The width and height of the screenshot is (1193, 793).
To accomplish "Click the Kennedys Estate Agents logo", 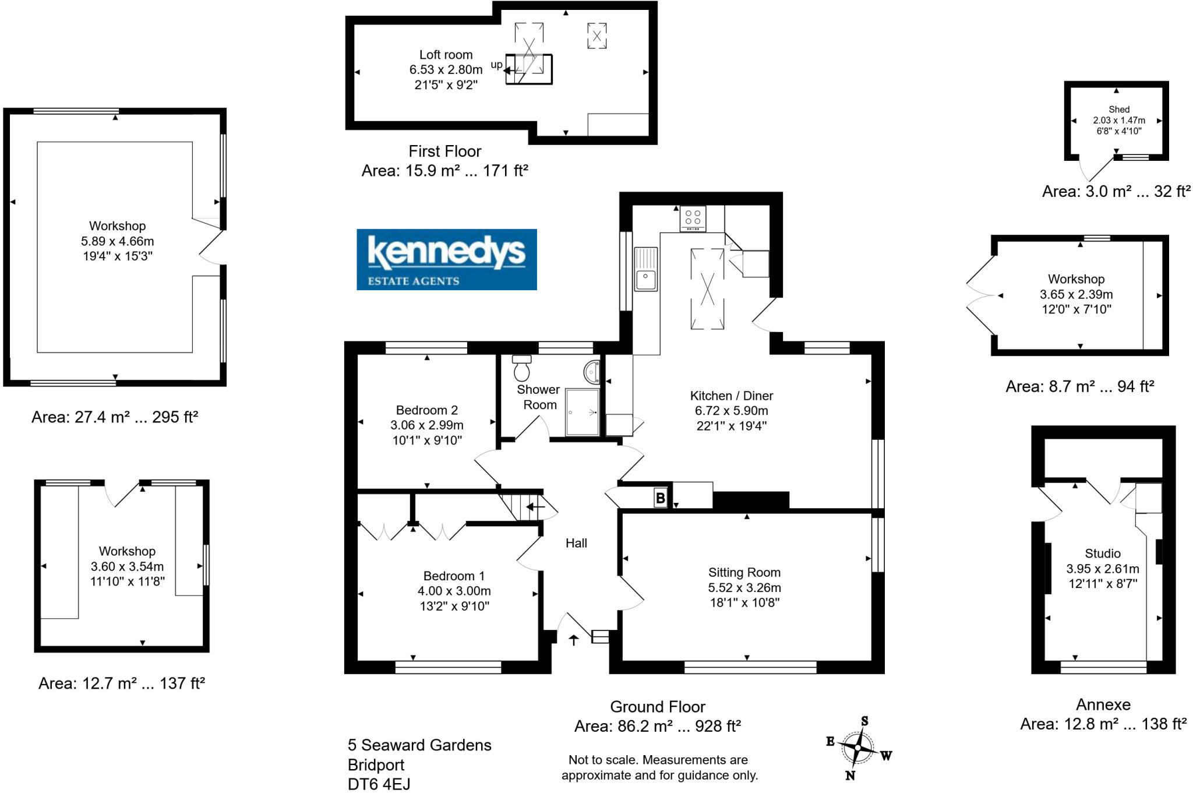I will point(446,259).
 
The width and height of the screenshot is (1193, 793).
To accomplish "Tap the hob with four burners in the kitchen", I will point(693,218).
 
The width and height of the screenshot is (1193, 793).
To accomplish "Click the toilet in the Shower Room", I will point(522,368).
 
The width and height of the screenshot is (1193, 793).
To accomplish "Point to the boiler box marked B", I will point(660,498).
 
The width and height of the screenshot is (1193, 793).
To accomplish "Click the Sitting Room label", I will point(744,572).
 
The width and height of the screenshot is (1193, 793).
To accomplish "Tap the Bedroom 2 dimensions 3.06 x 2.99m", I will point(427,425).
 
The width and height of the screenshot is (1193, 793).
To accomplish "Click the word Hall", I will point(576,543).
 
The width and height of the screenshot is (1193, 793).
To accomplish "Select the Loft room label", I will point(446,55).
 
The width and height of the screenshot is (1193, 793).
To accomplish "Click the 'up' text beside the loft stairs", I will point(496,65).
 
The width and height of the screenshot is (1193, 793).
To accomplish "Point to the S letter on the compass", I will point(864,721).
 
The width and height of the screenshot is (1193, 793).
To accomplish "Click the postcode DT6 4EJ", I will point(379,784).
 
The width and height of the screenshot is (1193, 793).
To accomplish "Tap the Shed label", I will point(1119,110).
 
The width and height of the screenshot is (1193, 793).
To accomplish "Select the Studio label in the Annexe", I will point(1102,554).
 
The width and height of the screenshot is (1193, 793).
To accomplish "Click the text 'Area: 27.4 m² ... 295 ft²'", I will point(115,417).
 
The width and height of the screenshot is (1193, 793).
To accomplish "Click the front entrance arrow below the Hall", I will point(574,640).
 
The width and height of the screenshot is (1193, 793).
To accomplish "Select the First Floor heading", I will point(444,151).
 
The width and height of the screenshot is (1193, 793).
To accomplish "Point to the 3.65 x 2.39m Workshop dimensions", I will point(1076,294).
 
